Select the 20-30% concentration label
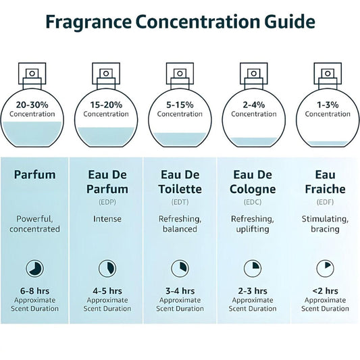coord(32,105)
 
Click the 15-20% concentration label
coord(106,105)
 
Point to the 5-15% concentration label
coord(180,105)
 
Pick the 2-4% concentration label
coord(253,105)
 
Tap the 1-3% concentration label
coord(327,105)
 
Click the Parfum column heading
coord(35,175)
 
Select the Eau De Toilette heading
coord(180,182)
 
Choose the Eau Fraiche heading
coord(327,182)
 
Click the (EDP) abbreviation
coord(106,201)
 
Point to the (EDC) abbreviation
coord(253,201)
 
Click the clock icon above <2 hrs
coord(327,267)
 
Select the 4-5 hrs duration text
coord(106,290)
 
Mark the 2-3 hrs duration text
coord(253,290)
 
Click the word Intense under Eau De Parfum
coord(106,219)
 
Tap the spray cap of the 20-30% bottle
coord(32,72)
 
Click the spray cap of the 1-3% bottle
coord(327,72)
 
